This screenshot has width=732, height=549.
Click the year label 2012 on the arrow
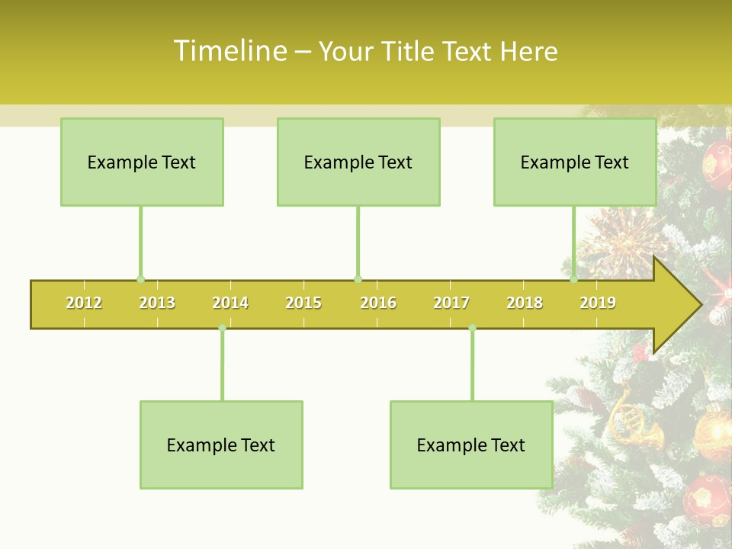point(84,303)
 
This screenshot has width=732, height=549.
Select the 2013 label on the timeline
point(157,303)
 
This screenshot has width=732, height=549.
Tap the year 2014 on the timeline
point(230,303)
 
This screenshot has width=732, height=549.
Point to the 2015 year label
point(303,303)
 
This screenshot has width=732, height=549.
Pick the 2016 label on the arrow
point(378,303)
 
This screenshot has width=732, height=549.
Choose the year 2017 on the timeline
point(451,303)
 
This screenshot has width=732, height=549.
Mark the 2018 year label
point(525,303)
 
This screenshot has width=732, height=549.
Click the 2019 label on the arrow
point(598,303)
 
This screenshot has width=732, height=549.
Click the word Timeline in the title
point(230,51)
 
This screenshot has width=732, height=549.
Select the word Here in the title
point(528,52)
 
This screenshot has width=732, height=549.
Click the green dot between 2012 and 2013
point(140,279)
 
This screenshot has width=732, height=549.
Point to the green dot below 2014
point(222,328)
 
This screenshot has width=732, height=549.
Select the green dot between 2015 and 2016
point(358,279)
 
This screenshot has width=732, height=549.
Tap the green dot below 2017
point(472,328)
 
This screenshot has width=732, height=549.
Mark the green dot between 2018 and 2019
point(573,279)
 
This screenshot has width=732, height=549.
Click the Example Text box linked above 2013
point(142,162)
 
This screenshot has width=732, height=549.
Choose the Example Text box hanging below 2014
point(221,445)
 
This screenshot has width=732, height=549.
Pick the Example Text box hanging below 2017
point(471,445)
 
